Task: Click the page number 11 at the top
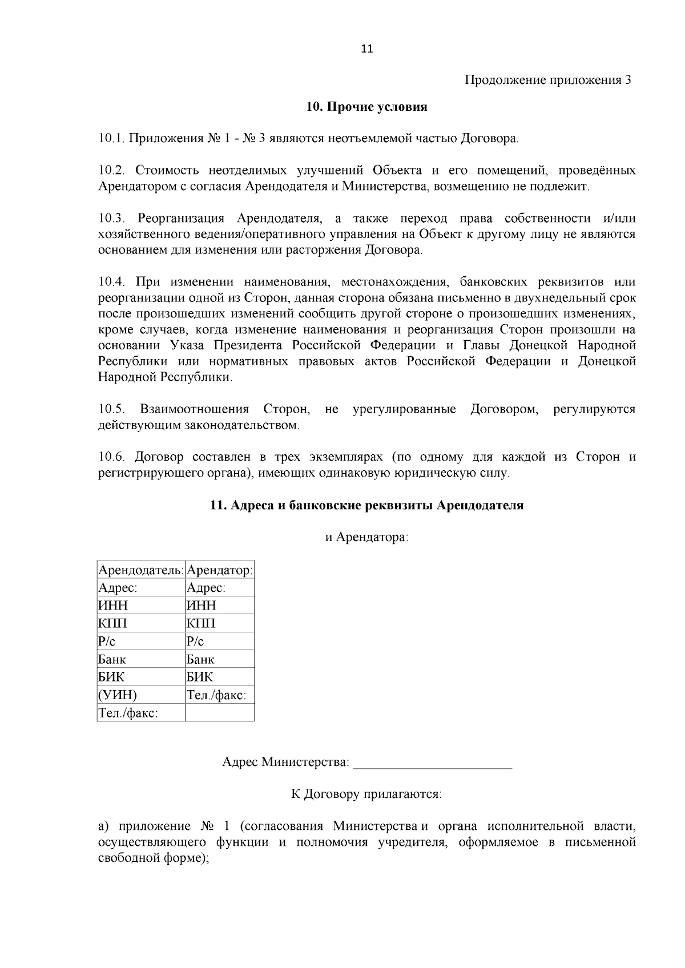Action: point(367,49)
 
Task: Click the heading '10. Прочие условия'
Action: point(367,107)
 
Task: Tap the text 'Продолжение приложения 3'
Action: point(548,80)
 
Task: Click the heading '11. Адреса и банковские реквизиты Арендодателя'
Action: point(367,506)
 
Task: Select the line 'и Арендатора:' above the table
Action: point(367,538)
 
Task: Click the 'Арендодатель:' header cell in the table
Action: point(141,570)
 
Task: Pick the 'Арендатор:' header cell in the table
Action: point(220,570)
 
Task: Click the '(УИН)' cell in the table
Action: point(118,695)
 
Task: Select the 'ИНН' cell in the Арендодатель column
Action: point(114,606)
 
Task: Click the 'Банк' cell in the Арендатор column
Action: point(200,659)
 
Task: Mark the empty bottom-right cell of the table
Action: point(220,712)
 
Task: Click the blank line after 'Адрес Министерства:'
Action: point(432,763)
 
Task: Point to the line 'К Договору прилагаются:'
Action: point(366,794)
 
